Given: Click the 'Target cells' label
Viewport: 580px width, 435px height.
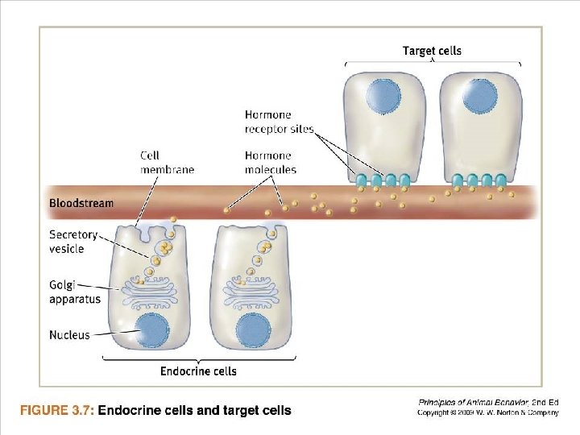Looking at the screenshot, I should (432, 51).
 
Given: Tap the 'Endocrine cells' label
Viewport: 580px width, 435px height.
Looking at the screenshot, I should (198, 371).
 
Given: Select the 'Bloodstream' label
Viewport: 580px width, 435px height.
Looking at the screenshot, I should (81, 204).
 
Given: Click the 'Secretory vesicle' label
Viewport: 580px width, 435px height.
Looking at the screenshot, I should (73, 242).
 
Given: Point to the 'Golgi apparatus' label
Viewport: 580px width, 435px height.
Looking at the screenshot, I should (75, 292).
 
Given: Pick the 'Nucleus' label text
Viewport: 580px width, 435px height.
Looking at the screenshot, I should (69, 334).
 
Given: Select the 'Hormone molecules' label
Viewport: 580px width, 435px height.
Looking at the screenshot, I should (270, 162).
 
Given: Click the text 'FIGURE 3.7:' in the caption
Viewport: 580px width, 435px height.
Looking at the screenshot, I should (57, 410).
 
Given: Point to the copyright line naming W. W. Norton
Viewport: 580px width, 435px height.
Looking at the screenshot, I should (487, 413).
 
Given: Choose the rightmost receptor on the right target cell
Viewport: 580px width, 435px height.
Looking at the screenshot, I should (501, 180).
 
